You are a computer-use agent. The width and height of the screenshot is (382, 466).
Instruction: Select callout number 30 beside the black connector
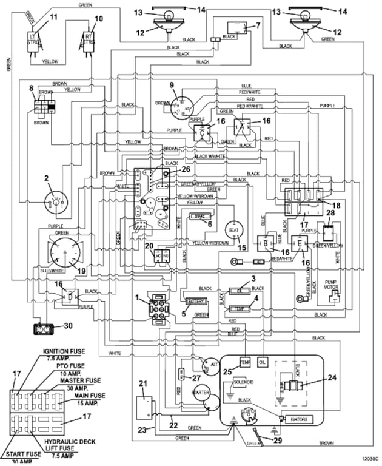coord(69,325)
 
